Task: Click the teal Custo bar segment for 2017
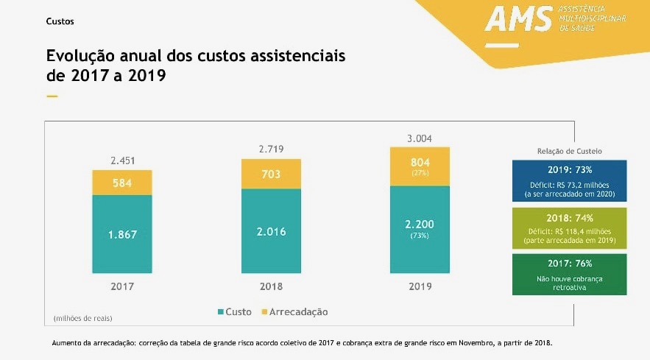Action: click(122, 234)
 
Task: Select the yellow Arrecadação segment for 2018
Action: click(271, 174)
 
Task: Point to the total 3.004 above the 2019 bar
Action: click(419, 138)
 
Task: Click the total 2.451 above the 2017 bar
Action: click(122, 160)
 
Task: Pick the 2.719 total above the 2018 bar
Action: click(271, 149)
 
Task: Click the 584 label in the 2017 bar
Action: click(122, 183)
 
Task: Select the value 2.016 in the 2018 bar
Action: click(271, 231)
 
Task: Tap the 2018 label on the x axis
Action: click(271, 286)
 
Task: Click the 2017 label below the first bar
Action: click(122, 286)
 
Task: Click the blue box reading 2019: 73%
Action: click(569, 180)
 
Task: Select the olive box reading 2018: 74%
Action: click(569, 227)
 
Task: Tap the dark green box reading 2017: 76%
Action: click(569, 274)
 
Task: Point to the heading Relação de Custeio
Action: click(569, 151)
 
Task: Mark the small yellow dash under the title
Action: click(52, 96)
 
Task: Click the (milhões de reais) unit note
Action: click(82, 318)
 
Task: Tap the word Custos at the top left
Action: click(60, 21)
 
